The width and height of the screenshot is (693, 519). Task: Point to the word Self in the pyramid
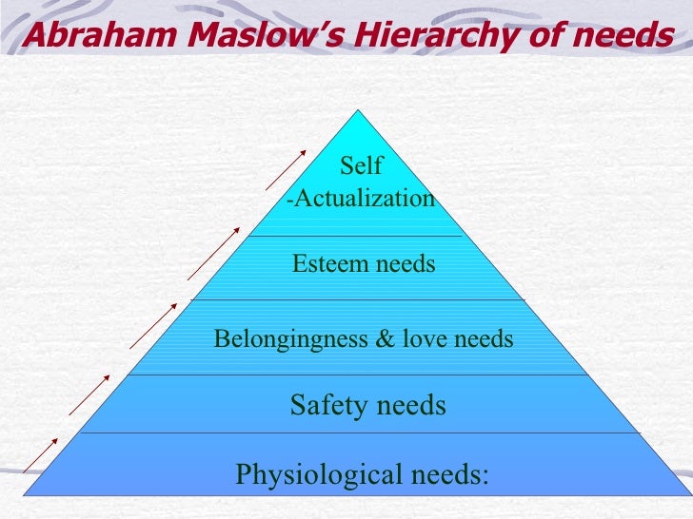click(x=361, y=166)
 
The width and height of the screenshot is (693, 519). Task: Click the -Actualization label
click(x=361, y=199)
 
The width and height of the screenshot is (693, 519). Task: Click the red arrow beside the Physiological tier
click(x=41, y=454)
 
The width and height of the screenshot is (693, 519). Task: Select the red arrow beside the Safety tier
click(x=89, y=394)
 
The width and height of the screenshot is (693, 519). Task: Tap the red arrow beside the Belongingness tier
click(x=152, y=324)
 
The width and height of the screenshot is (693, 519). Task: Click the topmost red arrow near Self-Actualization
click(x=285, y=169)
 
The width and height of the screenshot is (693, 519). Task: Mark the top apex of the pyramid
click(x=360, y=111)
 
